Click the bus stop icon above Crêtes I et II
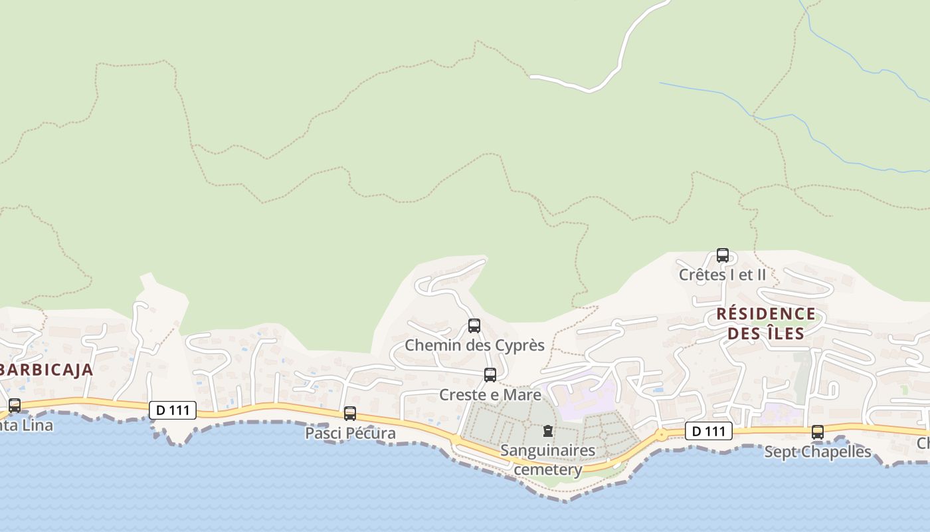[722, 255]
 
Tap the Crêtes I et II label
[722, 274]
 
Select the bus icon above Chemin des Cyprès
[474, 326]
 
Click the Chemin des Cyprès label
[474, 345]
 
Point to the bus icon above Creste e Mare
[490, 375]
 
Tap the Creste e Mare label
[490, 394]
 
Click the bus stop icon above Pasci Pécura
[350, 414]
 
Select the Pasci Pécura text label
[350, 433]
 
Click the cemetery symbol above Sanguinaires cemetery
[547, 431]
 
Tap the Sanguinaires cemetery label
[547, 460]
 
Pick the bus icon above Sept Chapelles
[818, 432]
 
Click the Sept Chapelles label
[817, 452]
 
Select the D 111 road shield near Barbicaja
[173, 410]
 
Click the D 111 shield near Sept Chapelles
[709, 431]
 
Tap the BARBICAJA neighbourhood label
[45, 370]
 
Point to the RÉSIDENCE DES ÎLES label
[766, 323]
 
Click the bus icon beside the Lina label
[15, 405]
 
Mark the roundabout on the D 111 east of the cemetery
[661, 435]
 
